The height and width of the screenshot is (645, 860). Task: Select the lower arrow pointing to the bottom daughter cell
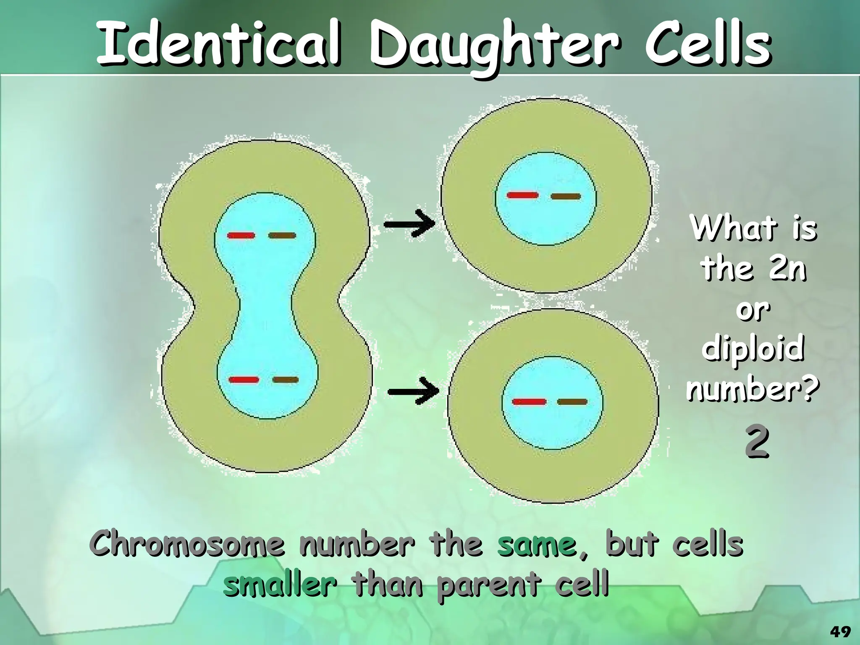(414, 391)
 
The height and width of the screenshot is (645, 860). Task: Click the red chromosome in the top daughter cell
(523, 195)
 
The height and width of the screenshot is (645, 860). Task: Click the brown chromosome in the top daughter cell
(566, 197)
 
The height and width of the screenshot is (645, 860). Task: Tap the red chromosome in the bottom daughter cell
(529, 402)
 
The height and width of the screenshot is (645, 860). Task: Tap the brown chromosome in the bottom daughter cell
(572, 402)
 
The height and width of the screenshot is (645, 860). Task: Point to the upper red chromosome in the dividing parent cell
(241, 236)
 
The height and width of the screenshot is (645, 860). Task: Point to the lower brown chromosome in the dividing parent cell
(286, 380)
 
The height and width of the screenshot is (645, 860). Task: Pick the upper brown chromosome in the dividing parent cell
(282, 236)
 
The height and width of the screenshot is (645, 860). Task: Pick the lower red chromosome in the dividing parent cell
(244, 380)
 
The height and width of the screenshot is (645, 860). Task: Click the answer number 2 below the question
(757, 442)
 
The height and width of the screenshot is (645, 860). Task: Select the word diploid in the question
(752, 349)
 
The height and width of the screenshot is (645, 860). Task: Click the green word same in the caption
(537, 545)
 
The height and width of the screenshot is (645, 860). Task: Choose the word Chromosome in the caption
(189, 544)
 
